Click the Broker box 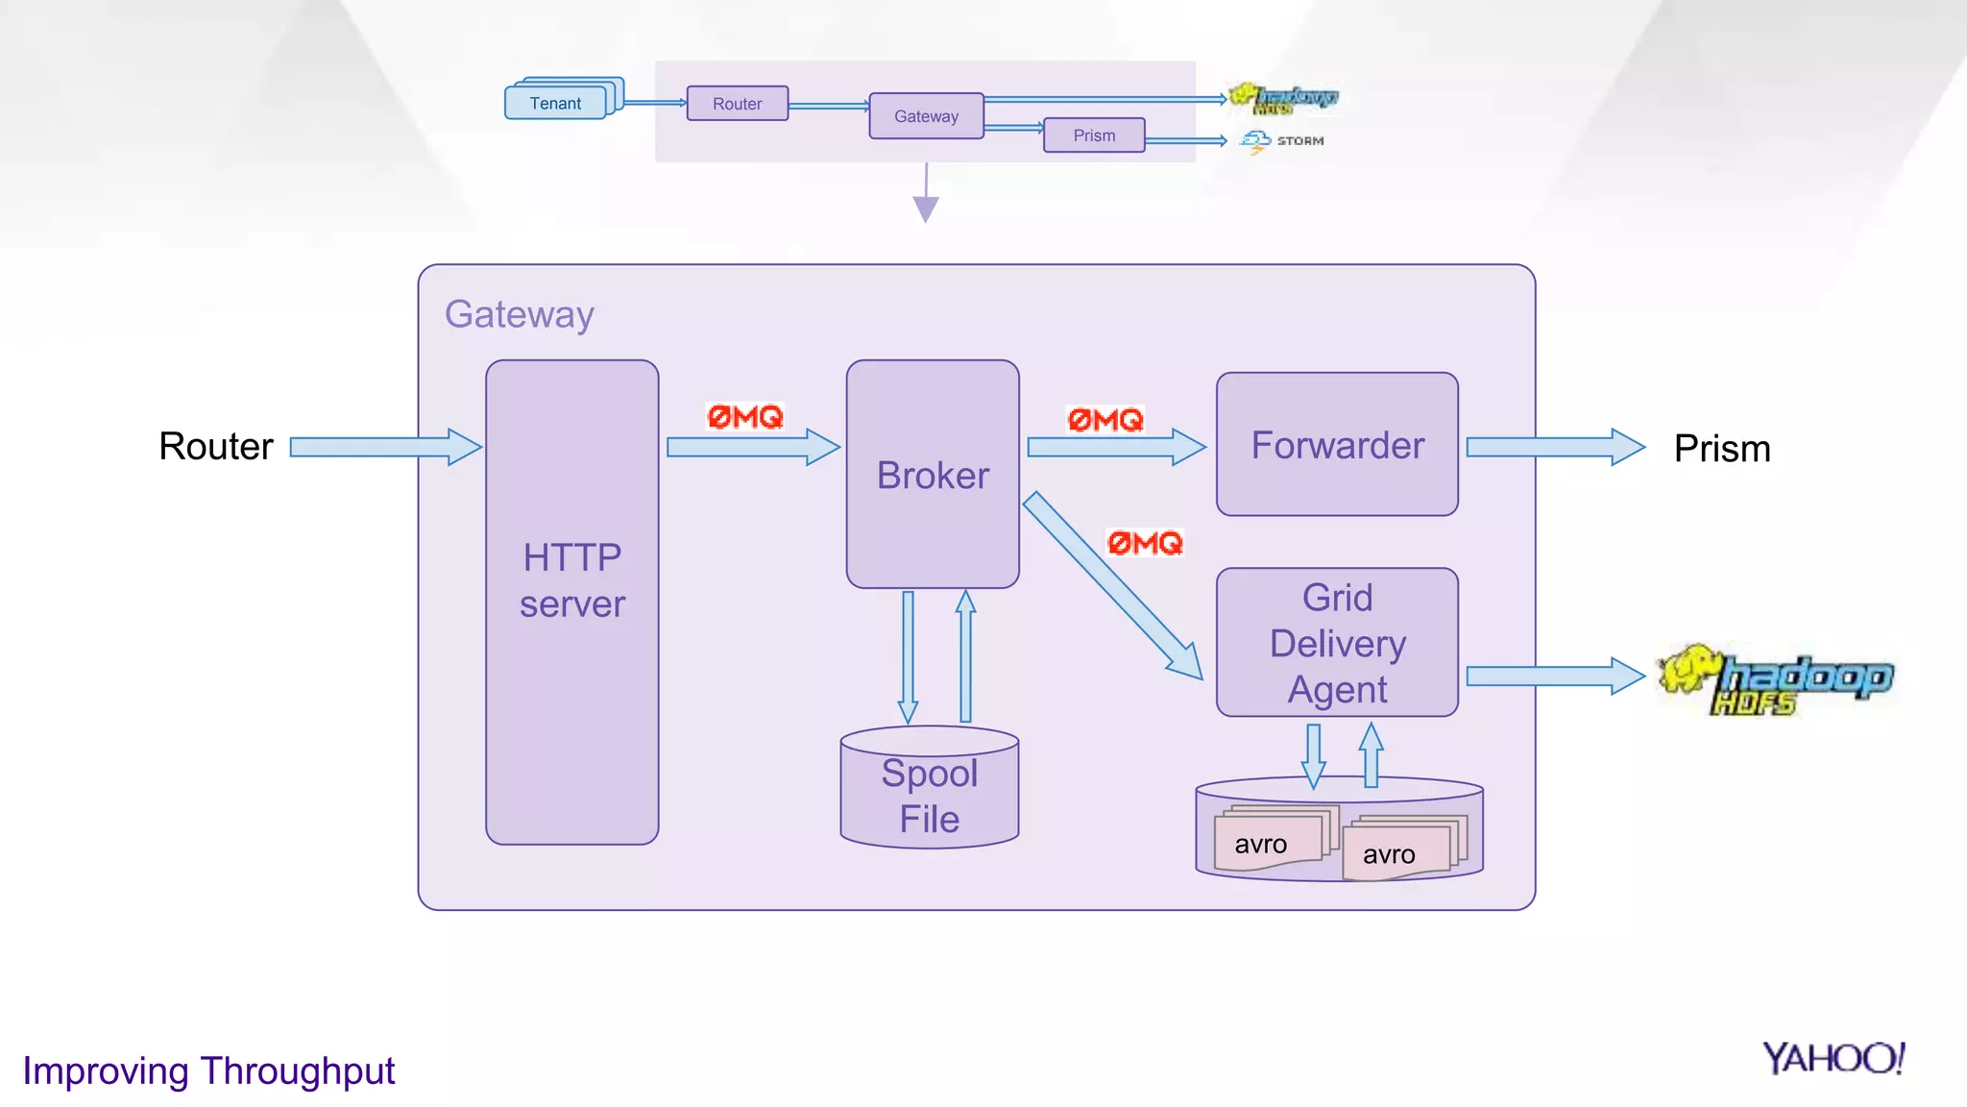point(932,474)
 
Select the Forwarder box point(1337,445)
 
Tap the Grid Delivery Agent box point(1337,643)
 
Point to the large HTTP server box point(571,603)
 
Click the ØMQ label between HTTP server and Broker point(745,417)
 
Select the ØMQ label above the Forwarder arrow point(1105,420)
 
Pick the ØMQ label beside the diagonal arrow point(1145,544)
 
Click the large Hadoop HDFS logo point(1777,679)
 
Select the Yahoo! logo point(1833,1059)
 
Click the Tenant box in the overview point(556,103)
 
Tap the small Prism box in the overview point(1094,135)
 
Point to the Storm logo point(1281,141)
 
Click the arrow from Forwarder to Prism point(1554,447)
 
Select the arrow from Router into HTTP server point(384,447)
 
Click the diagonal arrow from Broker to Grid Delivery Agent point(1112,586)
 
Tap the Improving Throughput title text point(208,1070)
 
